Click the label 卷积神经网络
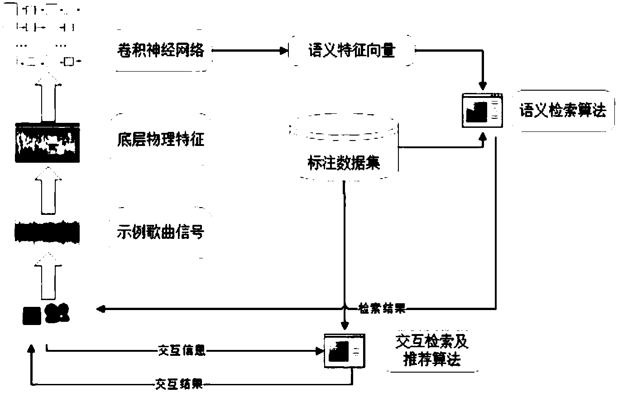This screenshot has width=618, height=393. pos(161,50)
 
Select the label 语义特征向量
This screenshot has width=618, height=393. pos(352,50)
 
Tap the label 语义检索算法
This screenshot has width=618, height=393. pos(563,111)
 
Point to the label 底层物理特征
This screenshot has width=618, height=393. pos(161,139)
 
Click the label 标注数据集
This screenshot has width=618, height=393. pos(344,163)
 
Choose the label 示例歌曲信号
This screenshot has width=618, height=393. pos(161,232)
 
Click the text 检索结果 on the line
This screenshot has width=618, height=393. pos(382,308)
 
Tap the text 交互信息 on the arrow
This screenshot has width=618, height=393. pos(182,350)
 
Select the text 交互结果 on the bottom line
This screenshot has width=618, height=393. pos(179,384)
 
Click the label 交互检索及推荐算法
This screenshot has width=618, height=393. pos(432,351)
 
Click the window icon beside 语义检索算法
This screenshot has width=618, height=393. pos(482,111)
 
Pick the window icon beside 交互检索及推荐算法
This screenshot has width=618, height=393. pos(345,351)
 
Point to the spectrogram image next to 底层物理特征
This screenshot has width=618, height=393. pos(48,142)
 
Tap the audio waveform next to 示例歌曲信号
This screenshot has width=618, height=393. pos(47,233)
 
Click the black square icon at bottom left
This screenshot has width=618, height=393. pos(32,315)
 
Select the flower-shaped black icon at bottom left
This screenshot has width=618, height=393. pos(57,313)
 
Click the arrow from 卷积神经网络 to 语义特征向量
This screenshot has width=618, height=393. pos(250,50)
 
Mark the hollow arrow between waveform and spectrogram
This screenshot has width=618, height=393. pos(48,190)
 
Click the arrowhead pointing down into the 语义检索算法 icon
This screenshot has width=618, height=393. pos(483,86)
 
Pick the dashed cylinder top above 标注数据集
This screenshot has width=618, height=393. pos(344,127)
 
